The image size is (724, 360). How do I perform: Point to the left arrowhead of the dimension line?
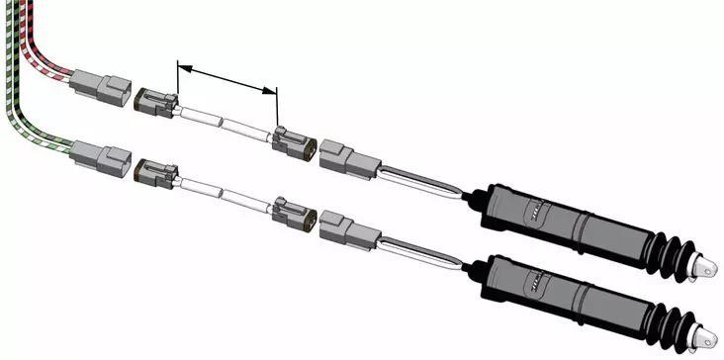pos(182,68)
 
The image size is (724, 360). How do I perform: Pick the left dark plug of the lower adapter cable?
pos(154,170)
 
